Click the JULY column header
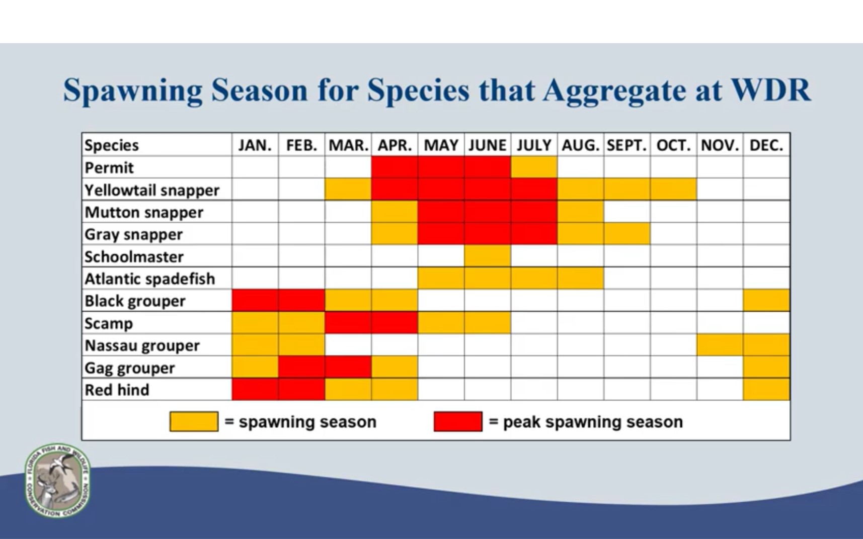tap(534, 145)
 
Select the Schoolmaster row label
tap(134, 256)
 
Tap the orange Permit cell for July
tap(534, 167)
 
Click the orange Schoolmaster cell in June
tap(487, 256)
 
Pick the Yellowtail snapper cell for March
tap(348, 190)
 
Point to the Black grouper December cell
tap(766, 301)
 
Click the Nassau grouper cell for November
tap(720, 345)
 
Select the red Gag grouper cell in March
tap(348, 367)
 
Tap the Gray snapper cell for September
tap(627, 234)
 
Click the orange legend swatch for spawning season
tap(194, 421)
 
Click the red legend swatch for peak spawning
tap(458, 421)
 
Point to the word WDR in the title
tap(770, 91)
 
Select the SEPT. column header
tap(626, 145)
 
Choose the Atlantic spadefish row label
tap(149, 279)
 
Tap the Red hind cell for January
tap(255, 390)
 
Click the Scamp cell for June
tap(487, 323)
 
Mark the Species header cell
tap(111, 145)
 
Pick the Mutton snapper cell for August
tap(580, 212)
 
